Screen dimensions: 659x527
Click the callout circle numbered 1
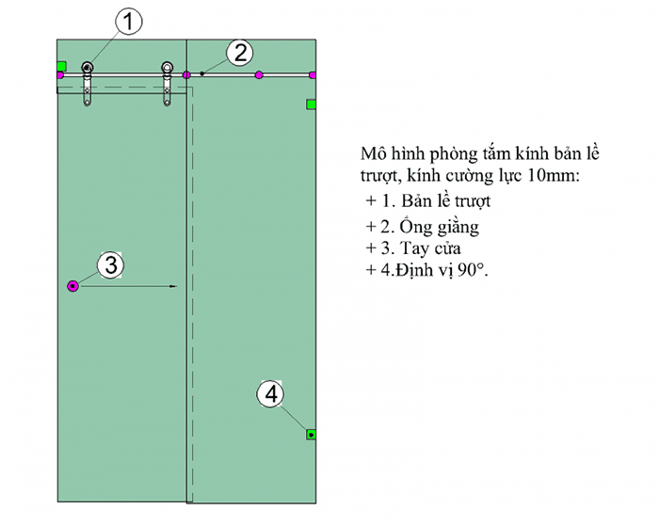[x=128, y=22]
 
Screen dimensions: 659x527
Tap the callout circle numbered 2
[x=240, y=53]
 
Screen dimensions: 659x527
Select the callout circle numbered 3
[x=110, y=265]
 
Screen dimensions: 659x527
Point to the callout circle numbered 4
[x=270, y=394]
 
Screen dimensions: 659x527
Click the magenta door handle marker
[x=73, y=286]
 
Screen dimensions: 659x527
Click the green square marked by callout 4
[x=311, y=435]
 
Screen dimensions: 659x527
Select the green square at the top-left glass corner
[x=62, y=66]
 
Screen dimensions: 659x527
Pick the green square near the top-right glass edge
[x=311, y=104]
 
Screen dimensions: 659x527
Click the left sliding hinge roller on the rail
[x=87, y=67]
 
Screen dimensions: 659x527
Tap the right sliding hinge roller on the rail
[x=167, y=67]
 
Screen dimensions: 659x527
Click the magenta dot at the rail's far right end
[x=313, y=75]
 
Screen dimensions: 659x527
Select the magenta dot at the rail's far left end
[x=60, y=75]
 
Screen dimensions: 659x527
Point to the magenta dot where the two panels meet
[x=186, y=75]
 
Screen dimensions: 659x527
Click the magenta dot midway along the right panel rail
[x=259, y=75]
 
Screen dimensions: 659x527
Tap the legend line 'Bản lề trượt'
[x=445, y=200]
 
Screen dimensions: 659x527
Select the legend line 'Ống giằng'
[x=440, y=226]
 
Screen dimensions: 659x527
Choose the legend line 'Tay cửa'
[x=430, y=248]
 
